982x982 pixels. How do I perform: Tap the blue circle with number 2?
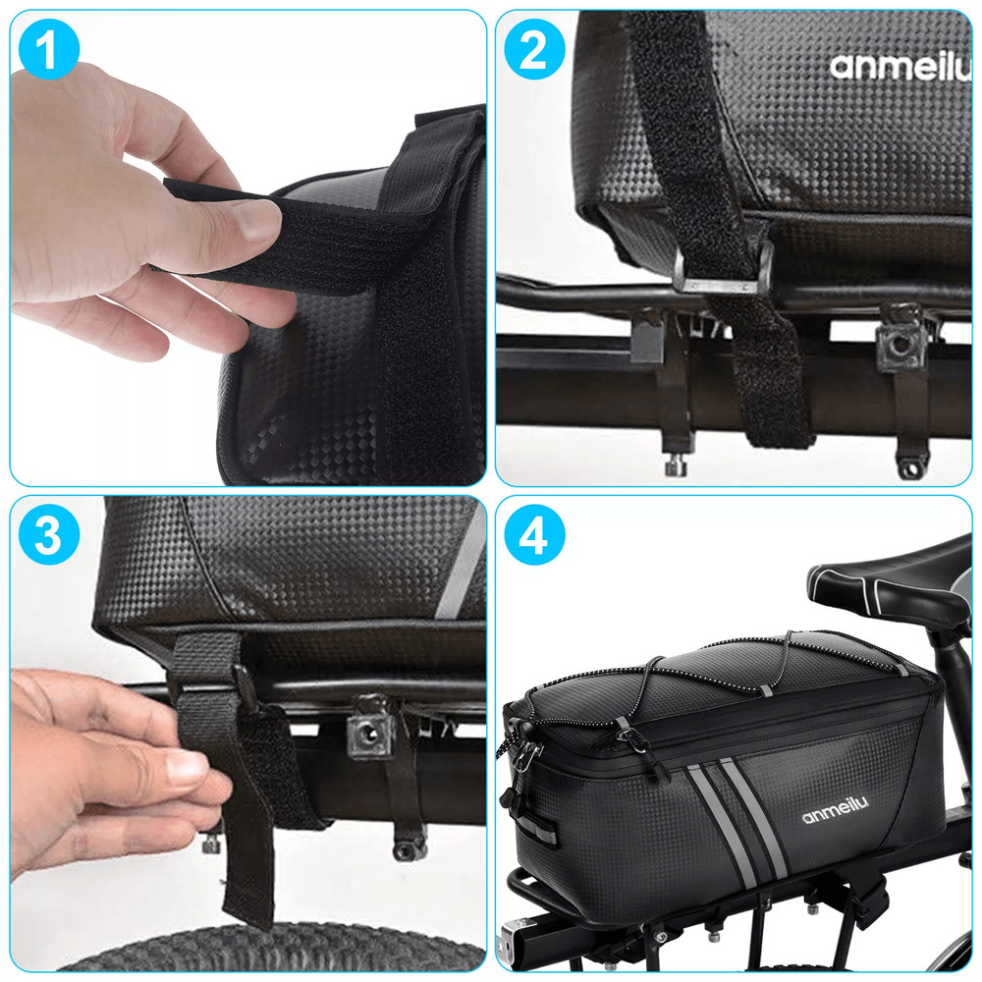tap(533, 50)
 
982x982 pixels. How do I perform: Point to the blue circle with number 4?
tap(533, 534)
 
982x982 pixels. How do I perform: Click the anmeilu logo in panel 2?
tap(900, 66)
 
